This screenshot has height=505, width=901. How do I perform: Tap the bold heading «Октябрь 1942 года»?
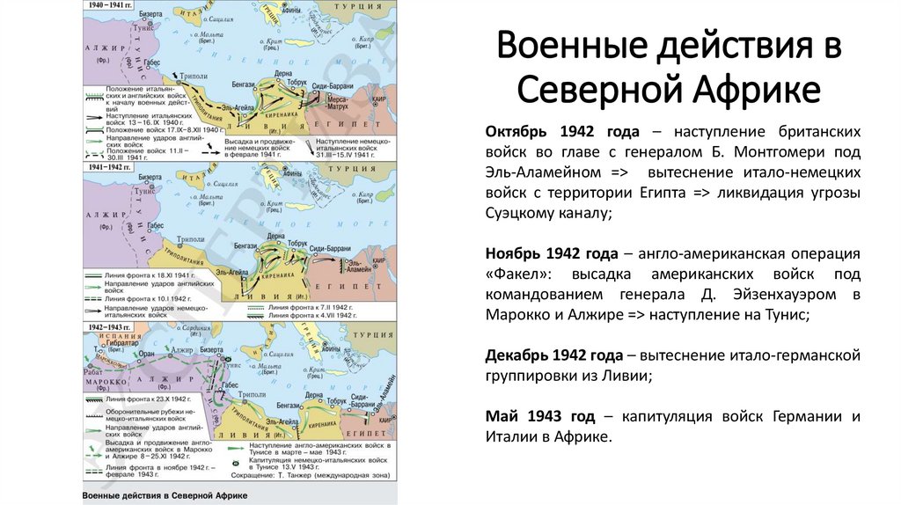click(545, 131)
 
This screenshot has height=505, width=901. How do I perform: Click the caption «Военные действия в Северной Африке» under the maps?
click(165, 496)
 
